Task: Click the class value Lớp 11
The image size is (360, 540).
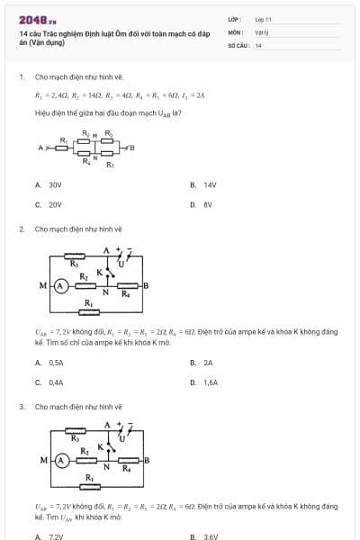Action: click(263, 18)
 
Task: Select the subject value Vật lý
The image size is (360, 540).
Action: click(261, 31)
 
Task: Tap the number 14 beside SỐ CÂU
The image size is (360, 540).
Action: click(258, 45)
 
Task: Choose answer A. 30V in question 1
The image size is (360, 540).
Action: click(49, 184)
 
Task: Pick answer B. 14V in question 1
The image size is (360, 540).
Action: click(204, 184)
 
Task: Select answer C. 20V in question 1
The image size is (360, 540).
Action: click(49, 204)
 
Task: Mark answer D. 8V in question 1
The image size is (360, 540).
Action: click(202, 204)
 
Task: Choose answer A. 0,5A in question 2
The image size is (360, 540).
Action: click(50, 362)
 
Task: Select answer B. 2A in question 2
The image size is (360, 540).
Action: click(202, 362)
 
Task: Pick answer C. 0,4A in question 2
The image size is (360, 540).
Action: click(50, 382)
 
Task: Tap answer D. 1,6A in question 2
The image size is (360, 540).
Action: click(205, 382)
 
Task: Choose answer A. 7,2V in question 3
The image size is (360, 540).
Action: click(50, 537)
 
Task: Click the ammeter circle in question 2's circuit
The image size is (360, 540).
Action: click(61, 285)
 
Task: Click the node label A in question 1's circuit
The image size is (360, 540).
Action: click(39, 148)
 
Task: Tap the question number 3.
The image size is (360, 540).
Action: click(22, 406)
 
